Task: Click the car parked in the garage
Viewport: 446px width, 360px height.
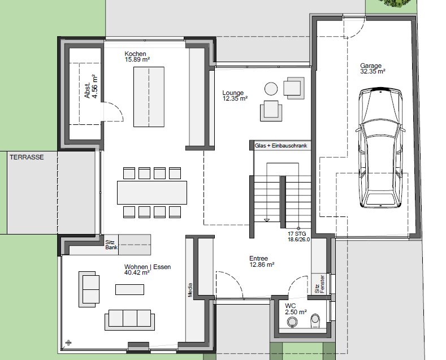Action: coord(380,148)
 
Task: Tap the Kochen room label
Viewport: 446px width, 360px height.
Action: coord(136,54)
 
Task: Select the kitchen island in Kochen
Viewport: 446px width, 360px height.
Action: coord(149,97)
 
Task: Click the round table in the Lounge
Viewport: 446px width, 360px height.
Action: coord(271,89)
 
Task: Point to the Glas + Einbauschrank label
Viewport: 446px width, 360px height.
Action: coord(281,146)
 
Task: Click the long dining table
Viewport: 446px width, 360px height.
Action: coord(152,193)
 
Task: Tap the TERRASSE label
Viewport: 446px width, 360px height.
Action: coord(27,157)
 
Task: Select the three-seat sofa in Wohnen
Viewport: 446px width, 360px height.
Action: coord(129,320)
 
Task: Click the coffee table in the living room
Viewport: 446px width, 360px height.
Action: coord(129,289)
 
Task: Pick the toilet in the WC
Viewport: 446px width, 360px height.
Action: coord(315,320)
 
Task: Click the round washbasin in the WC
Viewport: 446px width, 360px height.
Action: coord(292,322)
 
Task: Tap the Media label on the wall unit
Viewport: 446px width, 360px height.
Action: coord(190,290)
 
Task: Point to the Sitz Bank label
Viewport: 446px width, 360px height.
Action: coord(111,245)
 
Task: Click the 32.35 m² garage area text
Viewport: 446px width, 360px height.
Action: coord(373,71)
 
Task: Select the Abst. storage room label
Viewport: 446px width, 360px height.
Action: coord(91,86)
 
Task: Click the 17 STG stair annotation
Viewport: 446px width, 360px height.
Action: coord(297,233)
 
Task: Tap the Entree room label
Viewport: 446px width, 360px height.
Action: coord(258,258)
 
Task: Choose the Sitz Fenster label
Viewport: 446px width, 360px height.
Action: coord(319,284)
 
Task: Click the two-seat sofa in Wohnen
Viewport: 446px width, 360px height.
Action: coord(89,289)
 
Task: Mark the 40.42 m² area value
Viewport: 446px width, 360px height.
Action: coord(137,272)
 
